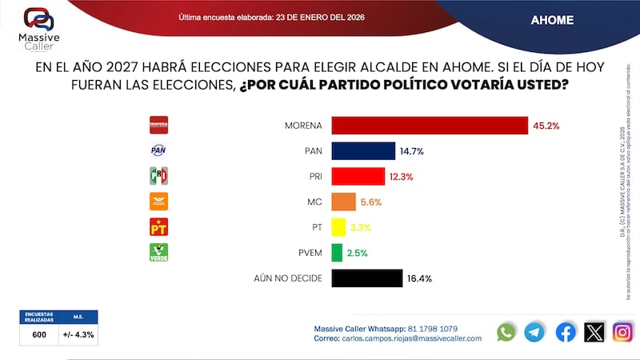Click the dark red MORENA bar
(430, 126)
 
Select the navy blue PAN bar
(363, 151)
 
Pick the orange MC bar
(343, 202)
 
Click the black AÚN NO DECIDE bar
(366, 278)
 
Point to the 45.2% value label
(546, 126)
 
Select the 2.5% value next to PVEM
(358, 253)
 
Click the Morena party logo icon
(159, 125)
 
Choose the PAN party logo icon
(159, 150)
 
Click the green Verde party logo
(159, 252)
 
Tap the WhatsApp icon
(506, 332)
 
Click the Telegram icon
(534, 332)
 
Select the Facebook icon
(565, 332)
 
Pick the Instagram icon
(622, 332)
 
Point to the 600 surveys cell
(38, 334)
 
